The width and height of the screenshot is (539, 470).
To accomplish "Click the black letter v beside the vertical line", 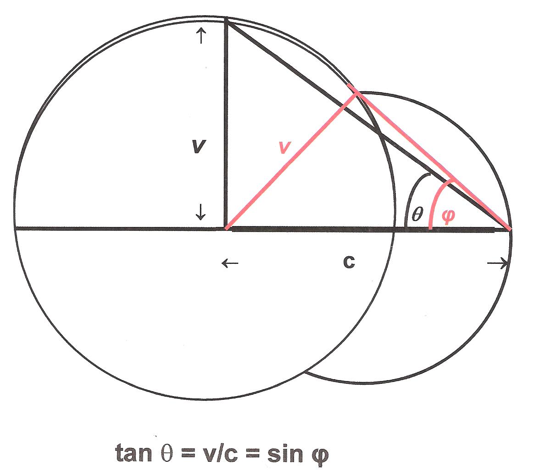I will tap(198, 146).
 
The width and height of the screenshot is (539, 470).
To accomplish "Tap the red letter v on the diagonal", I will tap(285, 148).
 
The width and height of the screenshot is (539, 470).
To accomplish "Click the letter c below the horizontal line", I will tap(349, 262).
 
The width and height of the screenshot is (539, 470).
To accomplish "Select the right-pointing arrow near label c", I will tap(498, 263).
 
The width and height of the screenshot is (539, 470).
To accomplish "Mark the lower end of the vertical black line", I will tap(226, 227).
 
